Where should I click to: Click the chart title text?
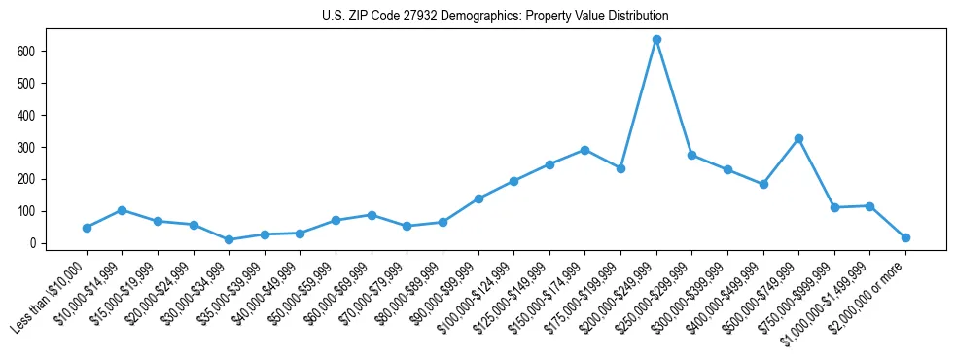495,17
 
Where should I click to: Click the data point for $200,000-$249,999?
656,40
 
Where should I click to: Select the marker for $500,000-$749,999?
798,139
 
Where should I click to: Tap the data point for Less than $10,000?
87,228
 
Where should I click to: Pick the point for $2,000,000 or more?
905,237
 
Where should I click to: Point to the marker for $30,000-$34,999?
229,240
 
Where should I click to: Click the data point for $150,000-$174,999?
584,150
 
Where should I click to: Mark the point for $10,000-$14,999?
122,210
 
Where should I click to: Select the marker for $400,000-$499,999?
763,184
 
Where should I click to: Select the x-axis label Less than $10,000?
53,295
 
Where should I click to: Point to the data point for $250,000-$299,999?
691,155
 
